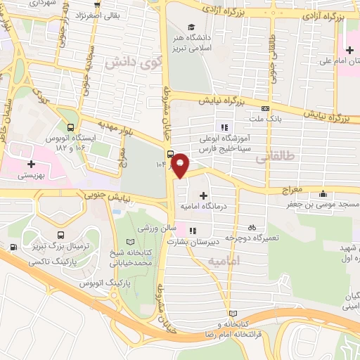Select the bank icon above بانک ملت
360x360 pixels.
point(265,109)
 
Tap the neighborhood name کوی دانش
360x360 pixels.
point(129,62)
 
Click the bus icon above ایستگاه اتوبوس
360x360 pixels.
point(70,127)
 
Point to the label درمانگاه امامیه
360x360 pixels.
point(204,207)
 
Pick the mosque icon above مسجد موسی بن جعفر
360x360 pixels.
point(323,194)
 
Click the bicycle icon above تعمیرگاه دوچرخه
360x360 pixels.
point(252,227)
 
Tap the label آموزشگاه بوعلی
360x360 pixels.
point(223,139)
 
